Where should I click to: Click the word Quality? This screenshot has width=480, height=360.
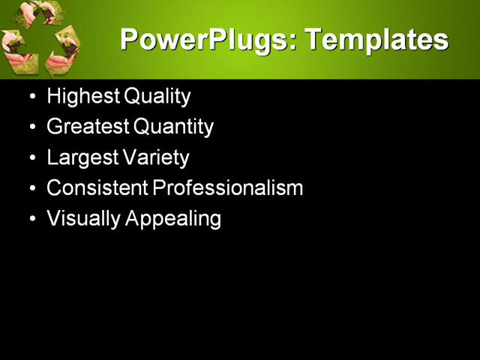point(157,97)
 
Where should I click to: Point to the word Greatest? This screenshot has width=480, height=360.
point(88,127)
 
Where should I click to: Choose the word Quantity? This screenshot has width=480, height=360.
point(173,127)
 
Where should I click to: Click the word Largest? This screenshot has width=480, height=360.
point(79,158)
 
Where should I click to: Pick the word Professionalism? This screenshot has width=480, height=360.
point(228,188)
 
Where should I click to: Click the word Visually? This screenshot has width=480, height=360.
point(82,219)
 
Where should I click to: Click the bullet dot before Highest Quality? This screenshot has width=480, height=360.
point(31,97)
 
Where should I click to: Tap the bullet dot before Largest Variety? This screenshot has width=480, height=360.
point(31,159)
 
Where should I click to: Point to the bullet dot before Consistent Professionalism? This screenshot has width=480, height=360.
point(31,189)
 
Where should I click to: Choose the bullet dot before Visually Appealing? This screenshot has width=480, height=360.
point(31,220)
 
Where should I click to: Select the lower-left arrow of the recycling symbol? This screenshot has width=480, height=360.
point(16,51)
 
